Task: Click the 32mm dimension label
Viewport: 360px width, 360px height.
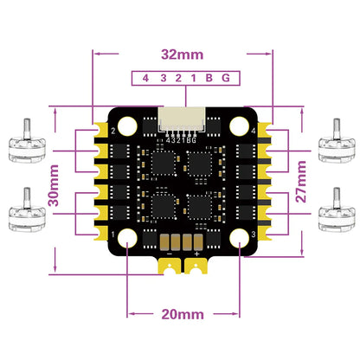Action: pos(180,54)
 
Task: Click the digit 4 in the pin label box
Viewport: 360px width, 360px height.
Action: pos(145,78)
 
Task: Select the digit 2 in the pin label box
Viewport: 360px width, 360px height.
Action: pos(174,78)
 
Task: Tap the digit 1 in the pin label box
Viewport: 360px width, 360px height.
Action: pos(188,78)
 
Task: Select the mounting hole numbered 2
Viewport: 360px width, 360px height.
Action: pos(126,127)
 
